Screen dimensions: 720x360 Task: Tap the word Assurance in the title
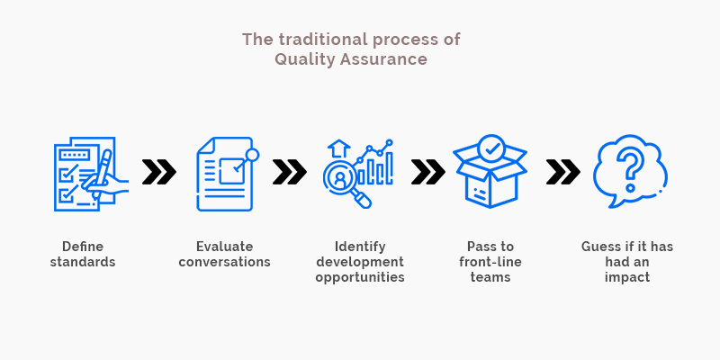[384, 59]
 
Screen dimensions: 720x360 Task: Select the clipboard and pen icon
[91, 174]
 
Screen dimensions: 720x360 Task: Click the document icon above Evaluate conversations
[228, 174]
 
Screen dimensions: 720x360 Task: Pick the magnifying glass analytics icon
[358, 174]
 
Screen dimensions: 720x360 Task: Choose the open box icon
[490, 171]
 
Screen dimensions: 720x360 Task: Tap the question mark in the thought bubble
[630, 171]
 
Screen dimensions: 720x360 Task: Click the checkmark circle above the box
[490, 148]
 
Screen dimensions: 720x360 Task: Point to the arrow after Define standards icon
[159, 172]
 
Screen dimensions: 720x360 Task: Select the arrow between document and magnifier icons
[290, 172]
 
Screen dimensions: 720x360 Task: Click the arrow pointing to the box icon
[428, 172]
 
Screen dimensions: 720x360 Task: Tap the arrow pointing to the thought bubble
[563, 172]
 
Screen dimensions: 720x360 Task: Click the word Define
[83, 247]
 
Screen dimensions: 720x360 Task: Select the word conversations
[224, 262]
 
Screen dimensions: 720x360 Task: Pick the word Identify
[360, 247]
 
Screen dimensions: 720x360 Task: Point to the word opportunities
[360, 278]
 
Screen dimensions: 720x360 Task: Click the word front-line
[490, 262]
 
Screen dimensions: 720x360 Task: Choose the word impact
[627, 278]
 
